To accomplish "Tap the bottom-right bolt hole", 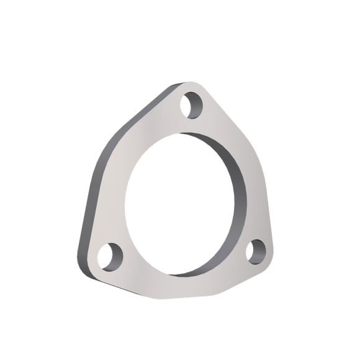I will click(x=255, y=253).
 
